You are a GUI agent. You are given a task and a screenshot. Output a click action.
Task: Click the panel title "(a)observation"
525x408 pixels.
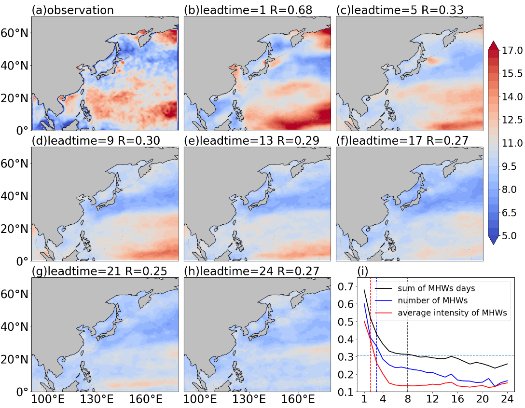(73, 10)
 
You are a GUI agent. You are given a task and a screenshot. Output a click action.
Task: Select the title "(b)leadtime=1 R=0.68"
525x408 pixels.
(248, 10)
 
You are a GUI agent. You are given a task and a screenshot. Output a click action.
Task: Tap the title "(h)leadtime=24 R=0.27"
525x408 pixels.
(252, 271)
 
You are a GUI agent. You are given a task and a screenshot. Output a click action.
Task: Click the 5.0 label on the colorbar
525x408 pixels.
(510, 236)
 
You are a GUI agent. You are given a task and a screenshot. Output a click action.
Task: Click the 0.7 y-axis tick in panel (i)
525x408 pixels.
(345, 286)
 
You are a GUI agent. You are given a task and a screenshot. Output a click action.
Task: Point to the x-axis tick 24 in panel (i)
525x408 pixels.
(507, 399)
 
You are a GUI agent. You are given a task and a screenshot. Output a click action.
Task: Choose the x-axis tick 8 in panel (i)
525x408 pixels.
(407, 399)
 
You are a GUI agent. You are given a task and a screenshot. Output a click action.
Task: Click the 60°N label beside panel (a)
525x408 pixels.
(15, 33)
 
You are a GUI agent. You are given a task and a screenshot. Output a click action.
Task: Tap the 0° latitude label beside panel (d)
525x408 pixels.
(23, 261)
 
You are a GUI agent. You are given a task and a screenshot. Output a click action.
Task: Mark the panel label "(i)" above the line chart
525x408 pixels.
(363, 271)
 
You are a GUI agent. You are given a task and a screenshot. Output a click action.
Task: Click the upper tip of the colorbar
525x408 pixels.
(494, 41)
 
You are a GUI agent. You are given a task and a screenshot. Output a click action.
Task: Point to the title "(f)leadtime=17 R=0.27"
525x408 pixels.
(402, 140)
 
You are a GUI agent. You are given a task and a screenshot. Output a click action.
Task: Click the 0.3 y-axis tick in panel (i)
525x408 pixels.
(345, 357)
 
